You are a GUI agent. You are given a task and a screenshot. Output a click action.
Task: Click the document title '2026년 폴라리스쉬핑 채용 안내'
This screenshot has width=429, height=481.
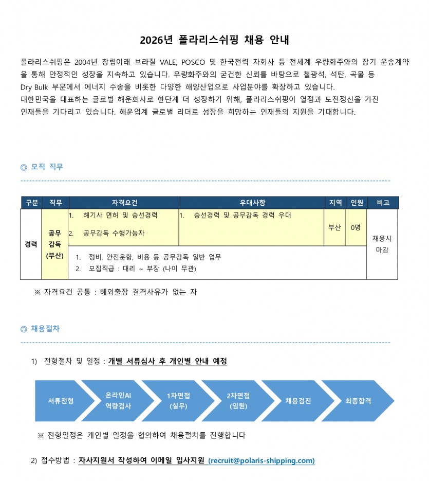214,40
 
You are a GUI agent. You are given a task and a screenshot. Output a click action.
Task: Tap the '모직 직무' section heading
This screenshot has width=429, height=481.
47,167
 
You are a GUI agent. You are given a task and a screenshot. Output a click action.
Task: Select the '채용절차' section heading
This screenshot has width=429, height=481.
45,329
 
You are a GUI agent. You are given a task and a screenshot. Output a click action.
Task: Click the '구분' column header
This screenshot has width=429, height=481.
32,203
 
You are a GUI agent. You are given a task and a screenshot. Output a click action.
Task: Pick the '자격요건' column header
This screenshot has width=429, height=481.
124,203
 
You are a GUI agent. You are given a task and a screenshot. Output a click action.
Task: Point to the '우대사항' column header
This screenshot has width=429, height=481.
252,203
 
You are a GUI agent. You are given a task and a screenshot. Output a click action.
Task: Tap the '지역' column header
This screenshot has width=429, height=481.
335,203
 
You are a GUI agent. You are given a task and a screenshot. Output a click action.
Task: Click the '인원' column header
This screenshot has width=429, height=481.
357,203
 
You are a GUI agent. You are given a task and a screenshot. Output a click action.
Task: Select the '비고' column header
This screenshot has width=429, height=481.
383,203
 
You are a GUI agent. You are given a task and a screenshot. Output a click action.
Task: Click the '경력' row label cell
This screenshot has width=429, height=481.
31,244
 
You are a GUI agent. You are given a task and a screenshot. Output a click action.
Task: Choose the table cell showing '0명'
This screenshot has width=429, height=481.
356,227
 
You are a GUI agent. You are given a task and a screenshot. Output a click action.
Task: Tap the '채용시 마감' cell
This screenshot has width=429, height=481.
382,244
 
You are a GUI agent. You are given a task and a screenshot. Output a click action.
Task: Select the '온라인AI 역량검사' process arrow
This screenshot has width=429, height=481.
118,401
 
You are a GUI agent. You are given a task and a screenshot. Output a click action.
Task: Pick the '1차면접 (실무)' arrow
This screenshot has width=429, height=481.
178,401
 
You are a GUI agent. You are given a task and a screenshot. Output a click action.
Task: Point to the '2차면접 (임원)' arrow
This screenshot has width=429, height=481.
238,401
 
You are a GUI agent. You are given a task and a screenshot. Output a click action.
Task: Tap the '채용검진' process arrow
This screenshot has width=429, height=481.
298,401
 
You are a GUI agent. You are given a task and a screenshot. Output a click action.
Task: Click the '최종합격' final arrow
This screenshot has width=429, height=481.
358,401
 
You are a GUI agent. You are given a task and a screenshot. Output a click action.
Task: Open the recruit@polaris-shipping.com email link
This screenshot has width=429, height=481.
262,460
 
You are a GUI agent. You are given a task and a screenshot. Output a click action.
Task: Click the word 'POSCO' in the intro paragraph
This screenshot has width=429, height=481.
193,62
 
